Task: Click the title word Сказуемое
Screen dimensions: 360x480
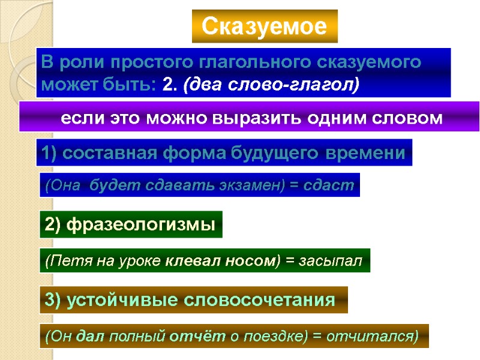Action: [x=265, y=26]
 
